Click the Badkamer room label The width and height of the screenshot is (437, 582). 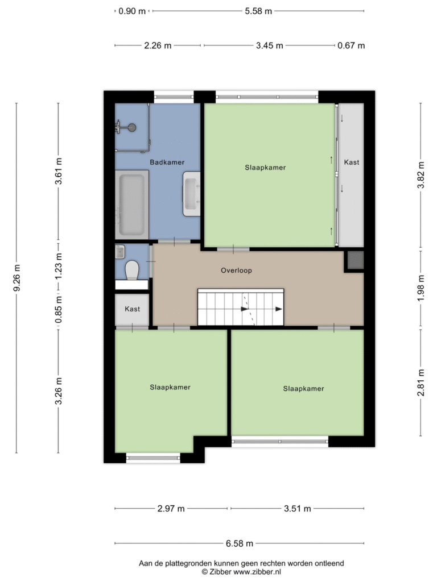pos(167,162)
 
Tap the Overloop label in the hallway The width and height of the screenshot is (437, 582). pos(236,270)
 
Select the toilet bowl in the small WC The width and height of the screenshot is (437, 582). pos(132,270)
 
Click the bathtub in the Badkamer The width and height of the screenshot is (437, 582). pos(132,205)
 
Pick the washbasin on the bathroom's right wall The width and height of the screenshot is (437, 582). pos(191,194)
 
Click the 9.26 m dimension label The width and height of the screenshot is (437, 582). pos(17,277)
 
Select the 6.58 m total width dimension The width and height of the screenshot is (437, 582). pos(240,543)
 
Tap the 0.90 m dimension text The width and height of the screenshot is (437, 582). pos(132,11)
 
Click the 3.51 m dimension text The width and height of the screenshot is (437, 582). pos(297,509)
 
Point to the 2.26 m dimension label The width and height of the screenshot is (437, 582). pos(158,45)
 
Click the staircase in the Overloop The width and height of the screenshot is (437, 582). pos(241,307)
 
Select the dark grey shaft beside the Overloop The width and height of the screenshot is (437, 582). pos(356,260)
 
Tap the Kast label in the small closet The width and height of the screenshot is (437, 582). pos(132,309)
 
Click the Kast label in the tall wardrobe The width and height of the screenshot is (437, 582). pos(352,162)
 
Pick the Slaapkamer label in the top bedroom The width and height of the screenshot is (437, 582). pos(265,168)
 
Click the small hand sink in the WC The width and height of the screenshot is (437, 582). pos(120,252)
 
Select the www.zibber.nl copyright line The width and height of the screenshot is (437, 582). pos(241,572)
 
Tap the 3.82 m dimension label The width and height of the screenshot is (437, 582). pos(420,174)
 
